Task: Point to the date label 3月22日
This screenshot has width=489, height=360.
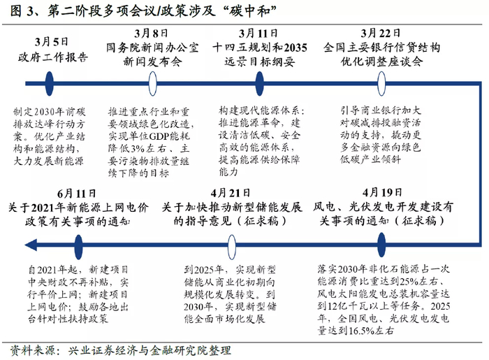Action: coord(380,33)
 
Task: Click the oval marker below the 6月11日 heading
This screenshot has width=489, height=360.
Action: coord(76,243)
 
